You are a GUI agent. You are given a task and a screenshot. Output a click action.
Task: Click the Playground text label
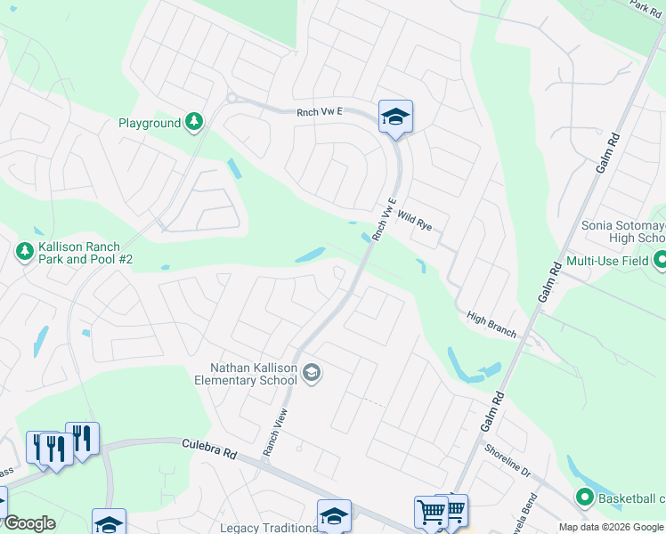[x=150, y=124]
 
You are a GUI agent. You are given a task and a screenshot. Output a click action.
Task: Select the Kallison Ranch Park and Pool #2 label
[x=85, y=253]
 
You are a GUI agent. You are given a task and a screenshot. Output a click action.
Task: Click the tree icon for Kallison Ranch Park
[x=23, y=253]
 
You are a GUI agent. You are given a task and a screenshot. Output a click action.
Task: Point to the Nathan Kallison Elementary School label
[x=253, y=374]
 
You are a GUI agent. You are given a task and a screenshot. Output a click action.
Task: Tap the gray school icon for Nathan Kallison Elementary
[x=312, y=372]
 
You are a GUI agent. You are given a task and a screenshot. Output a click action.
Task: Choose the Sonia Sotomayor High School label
[x=623, y=231]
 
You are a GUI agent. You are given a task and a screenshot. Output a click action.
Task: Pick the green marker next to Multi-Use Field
[x=660, y=262]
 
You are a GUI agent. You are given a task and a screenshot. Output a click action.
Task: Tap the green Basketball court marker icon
[x=585, y=497]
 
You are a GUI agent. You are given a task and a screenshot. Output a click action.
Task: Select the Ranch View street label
[x=276, y=433]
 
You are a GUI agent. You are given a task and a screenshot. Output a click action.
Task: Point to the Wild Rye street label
[x=415, y=221]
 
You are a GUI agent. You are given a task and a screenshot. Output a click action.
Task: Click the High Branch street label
[x=491, y=324]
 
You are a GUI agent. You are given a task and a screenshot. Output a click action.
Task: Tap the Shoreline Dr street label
[x=508, y=459]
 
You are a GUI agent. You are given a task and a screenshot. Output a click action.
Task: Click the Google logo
[x=29, y=523]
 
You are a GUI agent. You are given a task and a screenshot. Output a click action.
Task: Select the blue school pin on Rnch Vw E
[x=395, y=117]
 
